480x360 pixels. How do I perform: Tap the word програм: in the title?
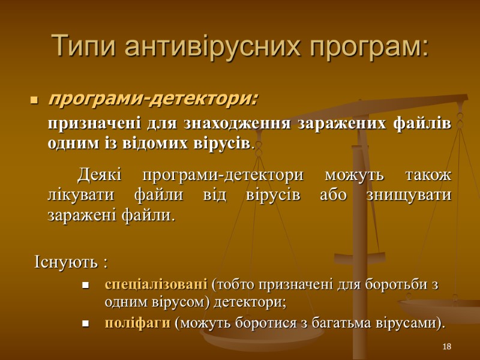(368, 46)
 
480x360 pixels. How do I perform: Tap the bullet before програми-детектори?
(34, 98)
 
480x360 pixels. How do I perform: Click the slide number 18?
(446, 347)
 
